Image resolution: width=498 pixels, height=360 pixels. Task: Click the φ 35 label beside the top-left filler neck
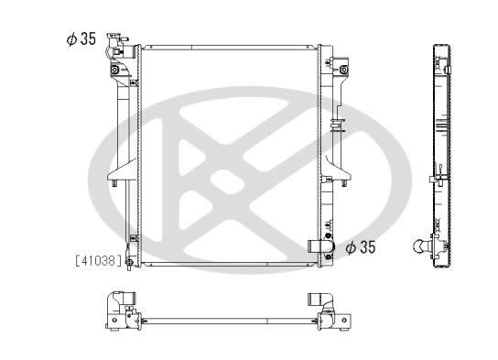click(81, 38)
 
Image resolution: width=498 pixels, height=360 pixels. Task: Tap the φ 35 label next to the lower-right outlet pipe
click(361, 247)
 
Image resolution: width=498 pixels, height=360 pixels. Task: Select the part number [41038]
click(99, 260)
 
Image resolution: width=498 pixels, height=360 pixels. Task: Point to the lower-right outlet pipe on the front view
click(320, 246)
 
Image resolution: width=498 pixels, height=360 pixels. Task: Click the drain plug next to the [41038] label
click(129, 263)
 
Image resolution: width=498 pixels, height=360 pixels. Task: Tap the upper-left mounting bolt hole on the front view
click(114, 70)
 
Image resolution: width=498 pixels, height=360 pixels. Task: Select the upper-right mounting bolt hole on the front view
click(343, 70)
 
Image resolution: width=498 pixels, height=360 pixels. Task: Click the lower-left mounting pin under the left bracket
click(114, 183)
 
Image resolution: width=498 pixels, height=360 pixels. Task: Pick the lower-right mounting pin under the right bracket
click(343, 183)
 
